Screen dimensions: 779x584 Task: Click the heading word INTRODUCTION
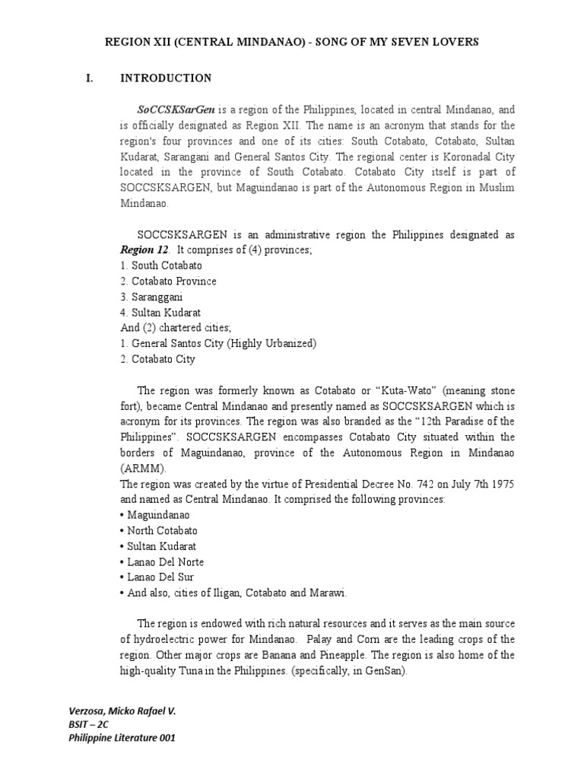[x=166, y=78]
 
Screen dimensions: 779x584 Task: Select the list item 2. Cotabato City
[x=157, y=359]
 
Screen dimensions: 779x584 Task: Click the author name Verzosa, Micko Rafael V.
[x=122, y=710]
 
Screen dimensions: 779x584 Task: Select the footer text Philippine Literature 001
[x=122, y=738]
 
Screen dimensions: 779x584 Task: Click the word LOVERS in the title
[x=453, y=43]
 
